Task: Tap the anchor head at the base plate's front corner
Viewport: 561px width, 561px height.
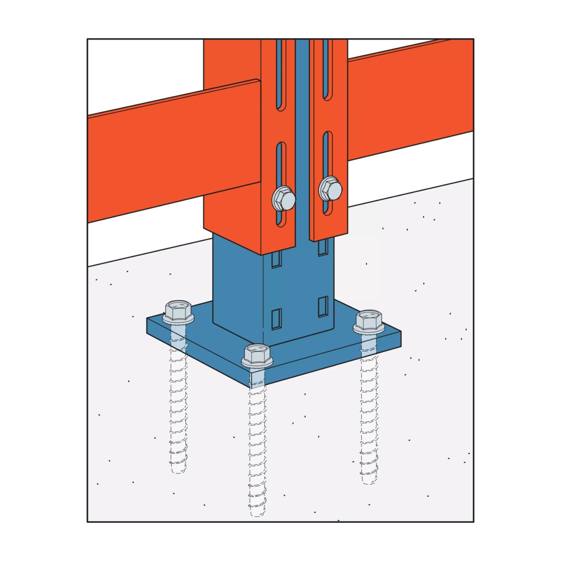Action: point(257,355)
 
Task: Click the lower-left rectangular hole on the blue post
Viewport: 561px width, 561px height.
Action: point(276,319)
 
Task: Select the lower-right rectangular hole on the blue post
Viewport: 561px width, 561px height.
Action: point(323,307)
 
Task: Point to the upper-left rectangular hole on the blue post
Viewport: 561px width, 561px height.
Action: point(276,259)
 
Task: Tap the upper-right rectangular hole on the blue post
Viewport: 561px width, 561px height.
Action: point(323,248)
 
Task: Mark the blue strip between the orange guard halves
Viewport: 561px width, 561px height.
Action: point(302,140)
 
